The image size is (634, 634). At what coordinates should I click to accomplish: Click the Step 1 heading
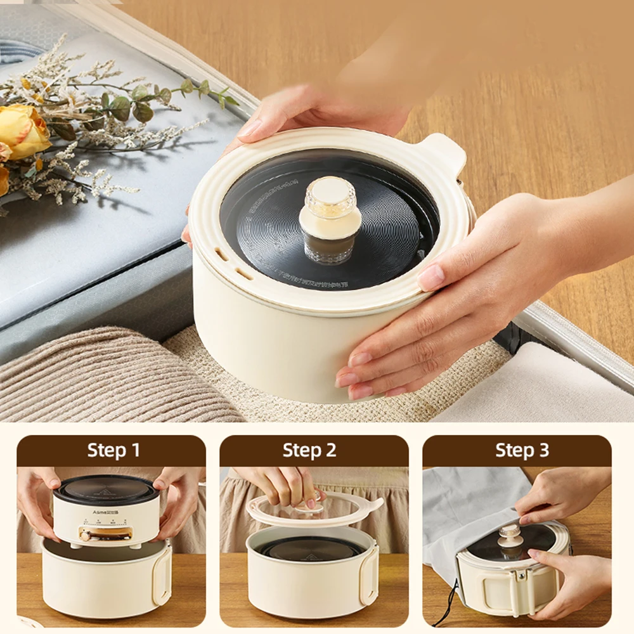coord(113,451)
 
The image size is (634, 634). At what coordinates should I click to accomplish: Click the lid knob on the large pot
coord(330,219)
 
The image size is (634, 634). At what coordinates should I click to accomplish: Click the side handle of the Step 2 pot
coord(368,574)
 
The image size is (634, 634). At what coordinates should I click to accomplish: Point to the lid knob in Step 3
coord(510,536)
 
